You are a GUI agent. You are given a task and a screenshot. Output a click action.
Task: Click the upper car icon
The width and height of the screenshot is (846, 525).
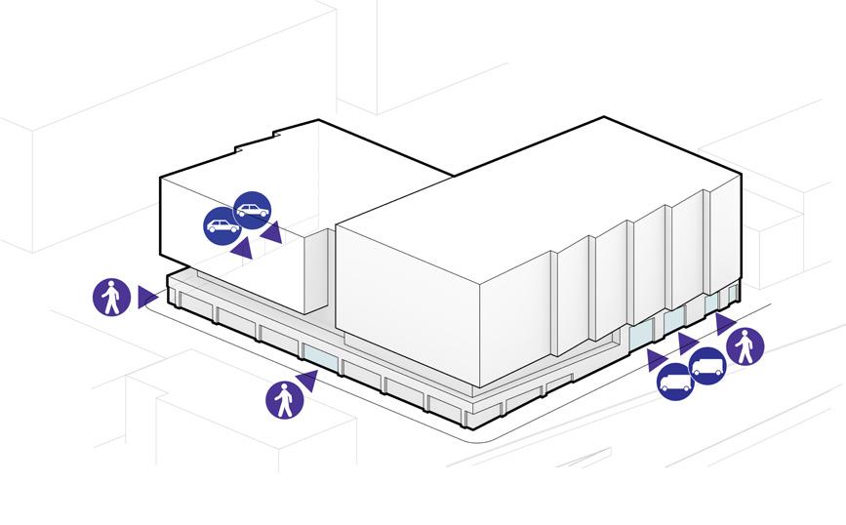(x=253, y=210)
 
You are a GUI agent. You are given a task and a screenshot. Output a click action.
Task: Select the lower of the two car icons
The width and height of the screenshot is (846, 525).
(x=222, y=225)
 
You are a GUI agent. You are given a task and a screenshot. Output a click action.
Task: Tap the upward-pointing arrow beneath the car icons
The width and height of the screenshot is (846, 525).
(x=241, y=249)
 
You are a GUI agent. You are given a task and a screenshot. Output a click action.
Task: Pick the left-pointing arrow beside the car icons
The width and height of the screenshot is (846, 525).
(x=272, y=232)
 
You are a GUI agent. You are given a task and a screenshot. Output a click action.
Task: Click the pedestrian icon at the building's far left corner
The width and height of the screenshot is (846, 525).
(x=112, y=297)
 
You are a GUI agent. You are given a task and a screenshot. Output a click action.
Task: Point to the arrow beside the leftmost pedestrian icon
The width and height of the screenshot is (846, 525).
(x=146, y=297)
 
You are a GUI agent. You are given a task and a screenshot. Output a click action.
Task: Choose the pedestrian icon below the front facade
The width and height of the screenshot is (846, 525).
(x=284, y=399)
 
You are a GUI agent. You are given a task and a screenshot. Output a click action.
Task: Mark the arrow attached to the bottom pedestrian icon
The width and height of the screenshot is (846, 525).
(x=308, y=378)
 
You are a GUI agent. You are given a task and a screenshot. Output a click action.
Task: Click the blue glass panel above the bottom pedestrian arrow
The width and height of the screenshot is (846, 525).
(x=320, y=357)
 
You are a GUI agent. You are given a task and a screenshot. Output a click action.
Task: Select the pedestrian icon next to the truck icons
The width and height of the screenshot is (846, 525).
(x=745, y=345)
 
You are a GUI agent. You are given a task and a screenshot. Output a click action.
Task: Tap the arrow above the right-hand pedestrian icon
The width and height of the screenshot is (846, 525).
(x=725, y=323)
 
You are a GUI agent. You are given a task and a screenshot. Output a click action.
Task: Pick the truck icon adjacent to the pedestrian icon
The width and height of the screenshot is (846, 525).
(x=708, y=366)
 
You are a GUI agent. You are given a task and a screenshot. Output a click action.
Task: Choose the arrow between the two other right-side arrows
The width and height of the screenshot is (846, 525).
(x=687, y=342)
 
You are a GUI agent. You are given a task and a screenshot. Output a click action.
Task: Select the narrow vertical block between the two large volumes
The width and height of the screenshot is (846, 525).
(x=318, y=273)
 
